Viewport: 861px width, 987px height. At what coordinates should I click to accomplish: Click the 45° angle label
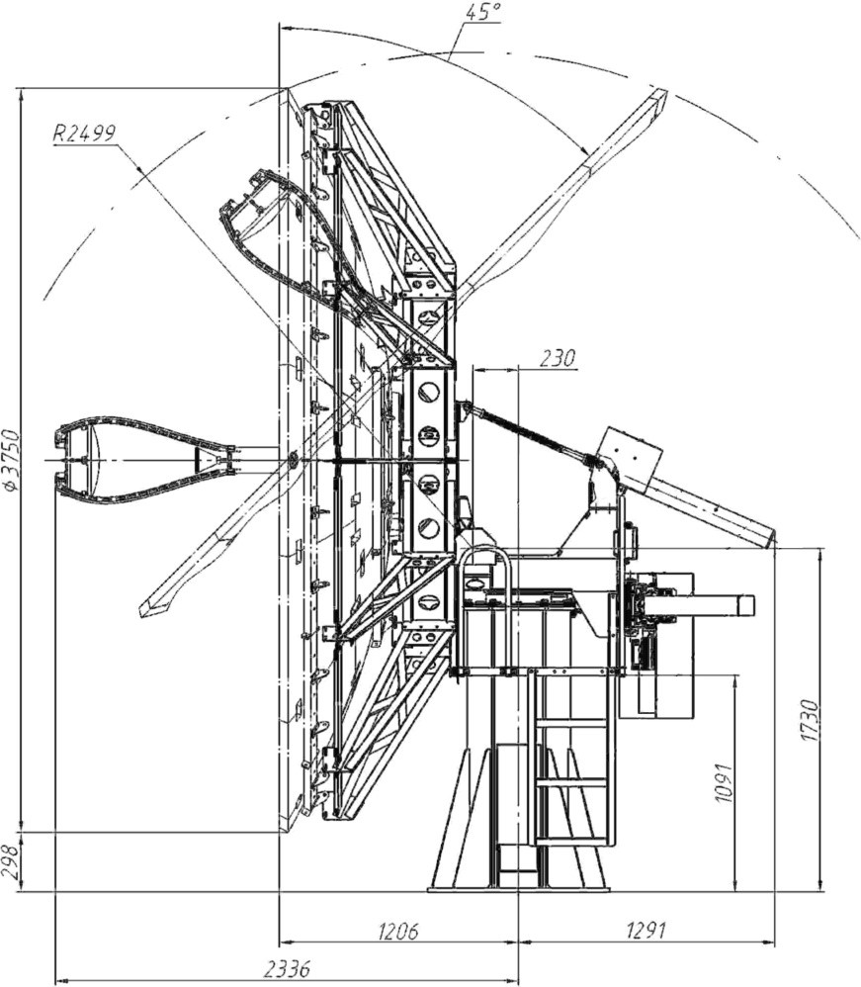pos(483,11)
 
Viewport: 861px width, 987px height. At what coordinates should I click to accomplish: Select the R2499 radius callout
pos(84,133)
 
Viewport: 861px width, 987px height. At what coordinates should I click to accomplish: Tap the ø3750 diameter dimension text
pos(12,460)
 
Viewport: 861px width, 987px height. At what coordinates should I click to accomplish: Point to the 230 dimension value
pos(558,358)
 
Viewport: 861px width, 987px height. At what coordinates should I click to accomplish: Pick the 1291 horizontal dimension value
pos(646,931)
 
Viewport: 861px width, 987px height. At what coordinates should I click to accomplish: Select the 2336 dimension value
pos(287,969)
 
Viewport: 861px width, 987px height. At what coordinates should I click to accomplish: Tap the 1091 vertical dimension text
pos(725,783)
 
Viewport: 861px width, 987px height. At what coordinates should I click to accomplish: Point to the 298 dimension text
pos(10,861)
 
